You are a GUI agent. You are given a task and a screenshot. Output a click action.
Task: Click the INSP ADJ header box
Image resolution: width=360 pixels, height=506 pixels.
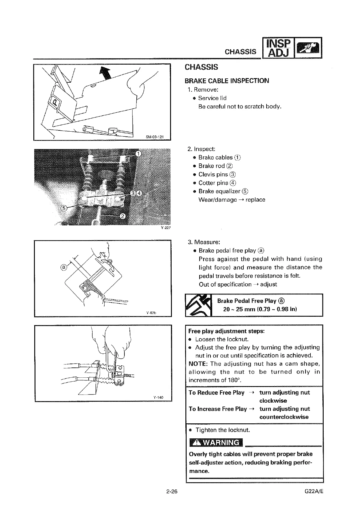coord(278,48)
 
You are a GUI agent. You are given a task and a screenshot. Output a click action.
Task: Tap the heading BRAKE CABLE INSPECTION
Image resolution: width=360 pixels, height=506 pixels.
coord(227,81)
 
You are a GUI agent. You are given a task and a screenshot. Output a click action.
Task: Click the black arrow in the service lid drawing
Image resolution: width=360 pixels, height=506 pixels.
coord(105,74)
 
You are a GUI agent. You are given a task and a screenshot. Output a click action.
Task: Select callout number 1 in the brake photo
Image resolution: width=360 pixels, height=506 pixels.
coord(138,154)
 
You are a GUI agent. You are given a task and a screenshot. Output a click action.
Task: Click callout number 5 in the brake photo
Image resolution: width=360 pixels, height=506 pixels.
coord(64,209)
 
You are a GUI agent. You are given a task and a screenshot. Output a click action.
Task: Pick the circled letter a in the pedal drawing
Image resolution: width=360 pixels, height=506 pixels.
coord(63,267)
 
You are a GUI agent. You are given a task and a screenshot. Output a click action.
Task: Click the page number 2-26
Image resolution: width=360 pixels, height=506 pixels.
coord(172,492)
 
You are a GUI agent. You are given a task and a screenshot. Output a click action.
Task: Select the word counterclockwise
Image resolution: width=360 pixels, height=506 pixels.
coord(284,417)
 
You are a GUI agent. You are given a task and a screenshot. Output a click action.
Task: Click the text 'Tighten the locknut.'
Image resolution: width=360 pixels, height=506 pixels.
coord(223,430)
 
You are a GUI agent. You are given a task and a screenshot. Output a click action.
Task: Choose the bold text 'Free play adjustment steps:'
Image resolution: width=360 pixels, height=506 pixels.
coord(226,331)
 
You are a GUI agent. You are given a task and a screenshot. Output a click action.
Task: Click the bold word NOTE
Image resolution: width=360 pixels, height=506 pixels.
coord(198,364)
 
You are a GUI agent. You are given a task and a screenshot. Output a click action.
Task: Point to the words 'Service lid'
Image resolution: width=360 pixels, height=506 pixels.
coord(212,98)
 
